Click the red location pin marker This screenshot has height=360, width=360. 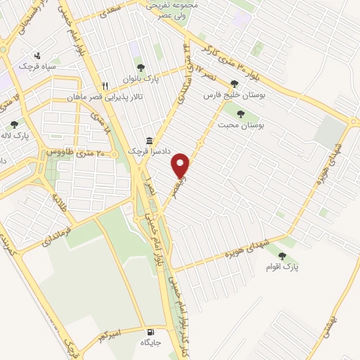coord(181,165)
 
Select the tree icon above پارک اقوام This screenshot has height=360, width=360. coord(282,256)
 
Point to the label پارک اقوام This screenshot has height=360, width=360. coord(282,268)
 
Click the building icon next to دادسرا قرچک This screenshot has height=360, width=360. coord(148,141)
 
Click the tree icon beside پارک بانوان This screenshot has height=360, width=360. coord(141,67)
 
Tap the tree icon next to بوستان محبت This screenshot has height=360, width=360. coord(241,112)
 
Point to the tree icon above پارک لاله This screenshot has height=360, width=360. coord(14,124)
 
